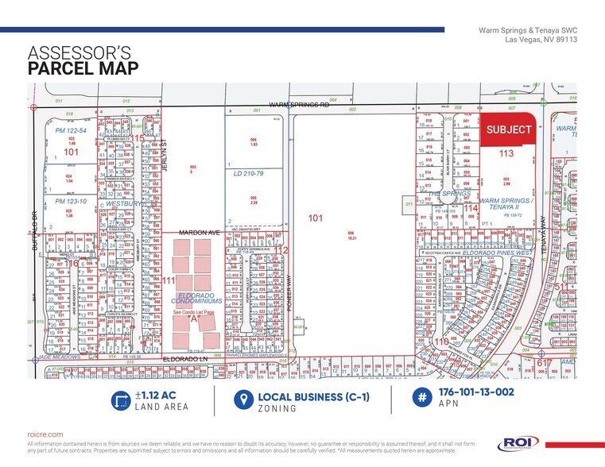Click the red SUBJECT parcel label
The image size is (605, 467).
point(510,129)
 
